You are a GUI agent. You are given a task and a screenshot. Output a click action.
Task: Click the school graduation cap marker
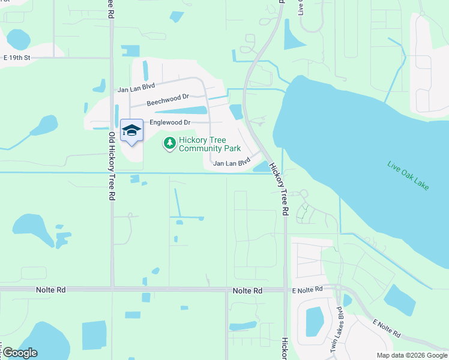[x=132, y=130]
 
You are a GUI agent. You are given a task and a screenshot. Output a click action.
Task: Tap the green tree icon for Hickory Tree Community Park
[x=170, y=143]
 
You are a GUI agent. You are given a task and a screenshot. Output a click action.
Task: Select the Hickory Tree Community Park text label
[x=209, y=144]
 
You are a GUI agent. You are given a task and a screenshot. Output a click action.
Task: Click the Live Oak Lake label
[x=408, y=176]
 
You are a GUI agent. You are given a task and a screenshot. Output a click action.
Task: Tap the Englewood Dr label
[x=170, y=122]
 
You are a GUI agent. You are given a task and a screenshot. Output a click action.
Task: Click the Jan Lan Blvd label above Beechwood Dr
[x=136, y=88]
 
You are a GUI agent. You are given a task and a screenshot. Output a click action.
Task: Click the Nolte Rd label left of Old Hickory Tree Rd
[x=51, y=289]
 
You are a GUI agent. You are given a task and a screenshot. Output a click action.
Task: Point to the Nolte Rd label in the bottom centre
[x=248, y=290]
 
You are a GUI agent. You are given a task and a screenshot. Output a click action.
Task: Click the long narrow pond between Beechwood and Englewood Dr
[x=180, y=110]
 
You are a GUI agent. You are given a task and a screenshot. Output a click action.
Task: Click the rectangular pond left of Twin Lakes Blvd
[x=314, y=322]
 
